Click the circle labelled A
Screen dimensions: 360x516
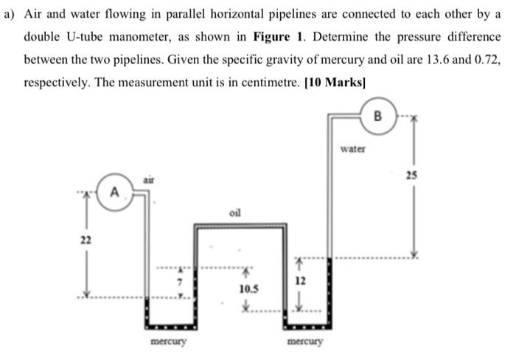click(114, 193)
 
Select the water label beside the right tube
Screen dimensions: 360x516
click(354, 148)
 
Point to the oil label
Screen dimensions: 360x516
click(235, 212)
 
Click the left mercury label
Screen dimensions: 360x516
click(168, 342)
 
